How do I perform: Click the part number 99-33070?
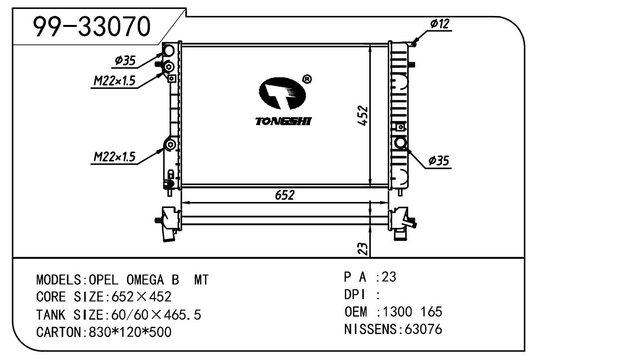(x=92, y=26)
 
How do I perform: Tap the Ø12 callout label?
(x=440, y=24)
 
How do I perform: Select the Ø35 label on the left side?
(x=125, y=60)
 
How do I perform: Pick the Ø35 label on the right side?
(x=439, y=161)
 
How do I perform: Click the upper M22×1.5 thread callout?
(x=115, y=81)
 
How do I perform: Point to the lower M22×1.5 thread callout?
(x=115, y=157)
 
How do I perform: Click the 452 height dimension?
(x=362, y=116)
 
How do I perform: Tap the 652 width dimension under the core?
(x=285, y=195)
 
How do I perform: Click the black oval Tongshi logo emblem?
(x=282, y=93)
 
